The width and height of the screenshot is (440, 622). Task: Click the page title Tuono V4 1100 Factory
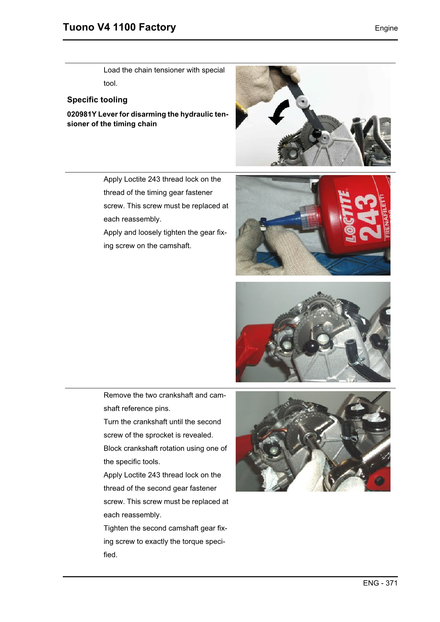(x=119, y=27)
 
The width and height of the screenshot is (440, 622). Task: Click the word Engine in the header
(x=386, y=28)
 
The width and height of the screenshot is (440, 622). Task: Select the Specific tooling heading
(x=97, y=100)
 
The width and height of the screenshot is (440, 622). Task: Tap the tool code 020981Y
(x=81, y=114)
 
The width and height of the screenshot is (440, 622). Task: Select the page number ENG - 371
(x=380, y=583)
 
